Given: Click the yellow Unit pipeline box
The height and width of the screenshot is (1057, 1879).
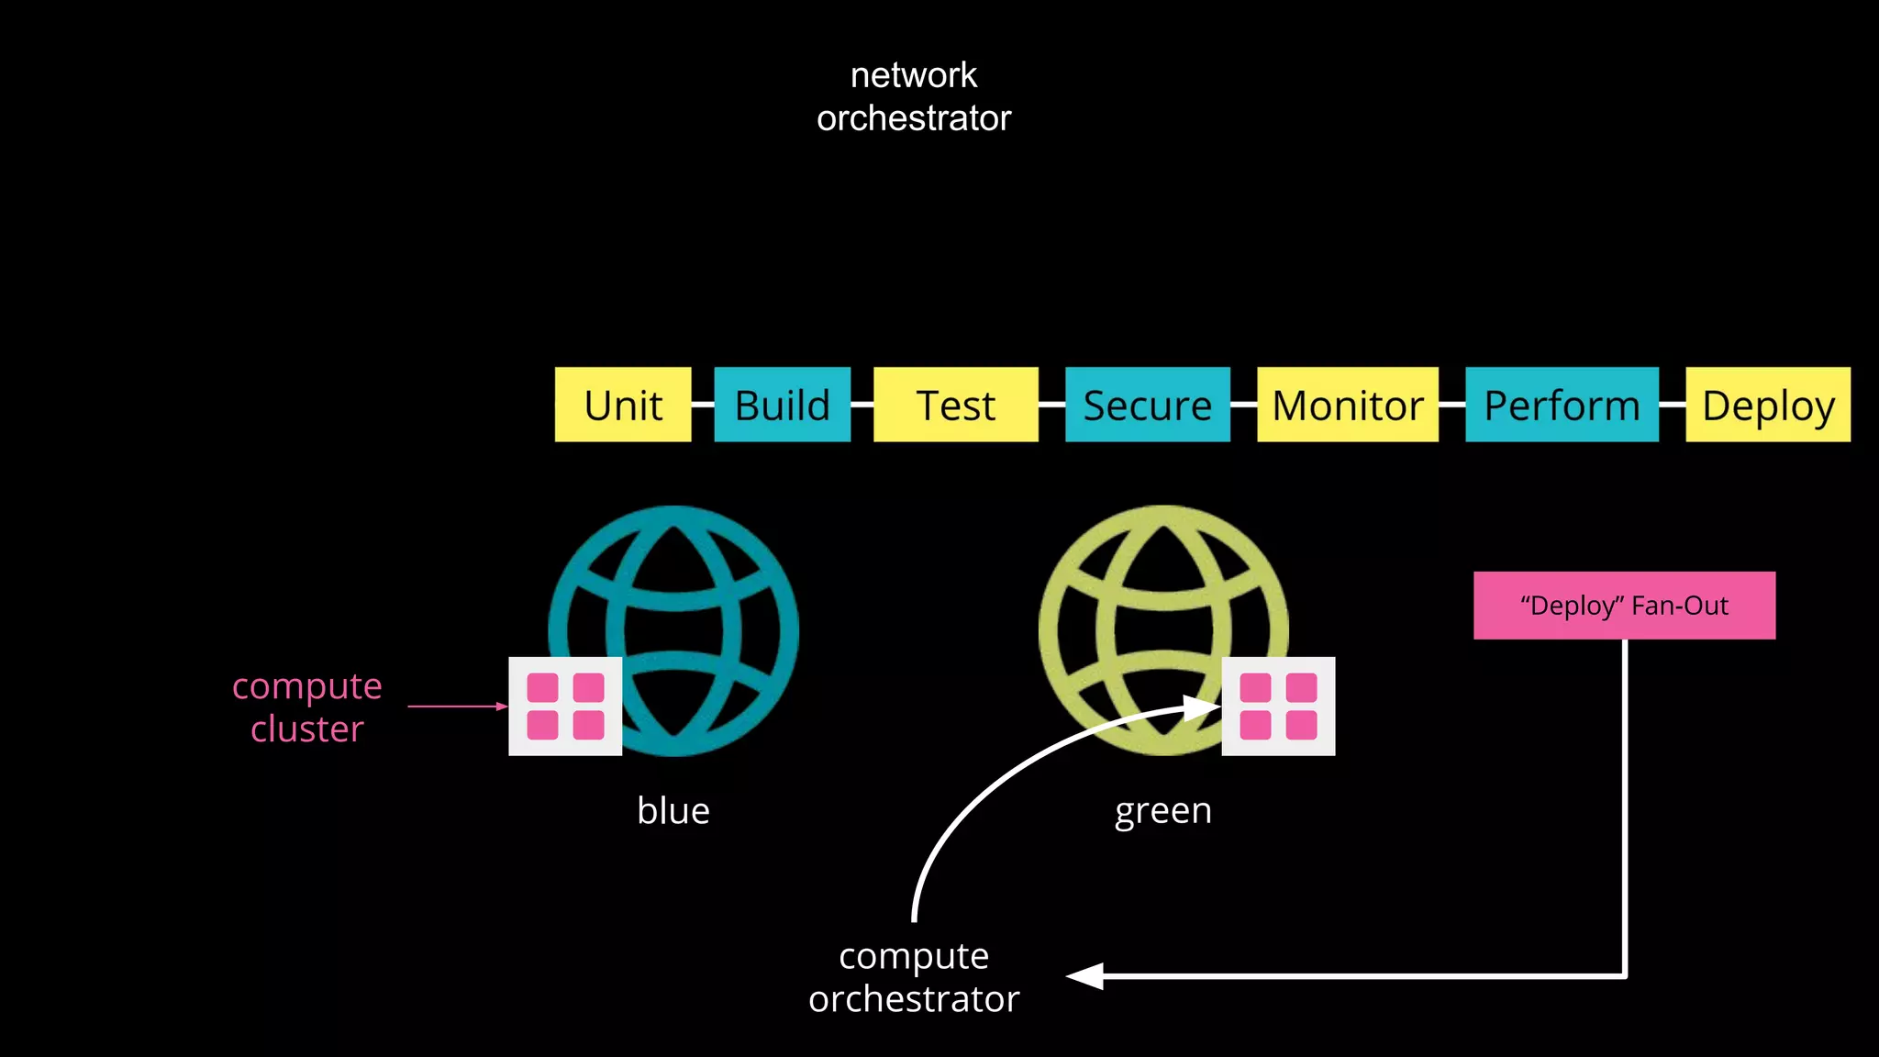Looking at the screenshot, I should click(623, 405).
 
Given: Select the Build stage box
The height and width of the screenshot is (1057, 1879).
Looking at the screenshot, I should click(782, 405).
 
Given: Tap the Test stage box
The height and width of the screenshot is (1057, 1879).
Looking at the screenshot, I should click(955, 405).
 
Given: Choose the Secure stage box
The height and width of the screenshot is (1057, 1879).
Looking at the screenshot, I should click(1147, 405).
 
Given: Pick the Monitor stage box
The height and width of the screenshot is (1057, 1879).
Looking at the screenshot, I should click(1347, 405).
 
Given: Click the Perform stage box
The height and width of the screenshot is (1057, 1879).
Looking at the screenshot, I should click(1562, 405).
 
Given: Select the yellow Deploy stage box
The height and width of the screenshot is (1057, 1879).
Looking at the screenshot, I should click(1767, 405).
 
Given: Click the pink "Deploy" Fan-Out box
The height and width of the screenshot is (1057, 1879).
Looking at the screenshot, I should click(1624, 606).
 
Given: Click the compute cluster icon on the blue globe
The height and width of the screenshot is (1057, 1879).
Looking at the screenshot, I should click(565, 707).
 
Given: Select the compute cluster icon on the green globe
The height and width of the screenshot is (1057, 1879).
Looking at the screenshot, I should click(1278, 707).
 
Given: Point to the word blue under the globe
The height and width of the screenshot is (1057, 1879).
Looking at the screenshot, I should click(673, 811).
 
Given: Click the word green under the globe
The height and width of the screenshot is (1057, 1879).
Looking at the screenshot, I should click(1163, 811).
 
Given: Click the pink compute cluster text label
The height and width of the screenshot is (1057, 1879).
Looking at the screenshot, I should click(306, 707).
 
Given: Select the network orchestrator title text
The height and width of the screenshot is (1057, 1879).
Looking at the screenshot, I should click(914, 96).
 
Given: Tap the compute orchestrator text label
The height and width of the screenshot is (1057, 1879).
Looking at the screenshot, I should click(914, 977).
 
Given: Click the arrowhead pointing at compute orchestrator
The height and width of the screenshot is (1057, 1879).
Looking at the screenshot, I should click(1085, 976).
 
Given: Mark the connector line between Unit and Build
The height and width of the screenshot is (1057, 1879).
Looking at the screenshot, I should click(703, 405).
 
